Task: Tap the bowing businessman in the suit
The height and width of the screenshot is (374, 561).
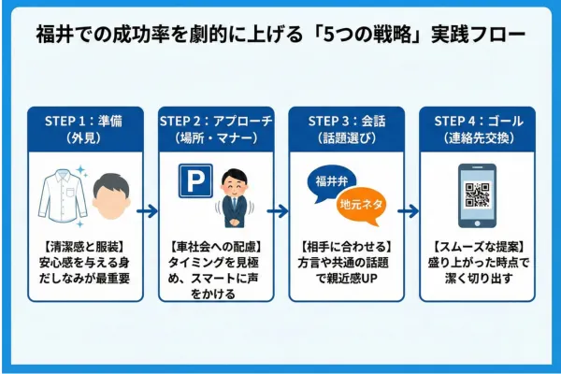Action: [232, 194]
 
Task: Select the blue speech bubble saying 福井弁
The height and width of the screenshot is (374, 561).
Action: [330, 180]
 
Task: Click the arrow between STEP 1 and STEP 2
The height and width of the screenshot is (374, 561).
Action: [148, 210]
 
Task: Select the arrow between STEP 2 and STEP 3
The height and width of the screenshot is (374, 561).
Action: [279, 210]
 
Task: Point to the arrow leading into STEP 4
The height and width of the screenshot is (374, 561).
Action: [410, 210]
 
